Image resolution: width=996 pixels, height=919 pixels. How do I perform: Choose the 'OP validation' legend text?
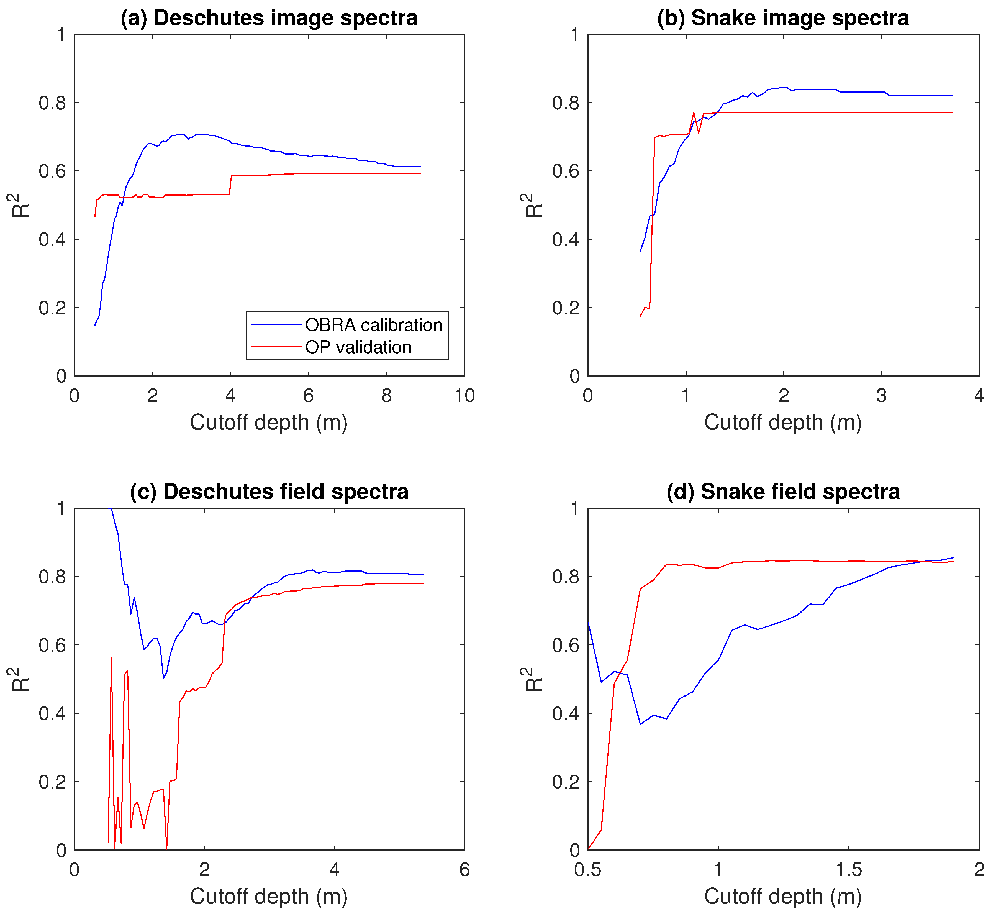[x=358, y=347]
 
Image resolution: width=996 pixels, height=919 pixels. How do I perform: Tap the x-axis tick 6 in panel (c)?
[x=464, y=869]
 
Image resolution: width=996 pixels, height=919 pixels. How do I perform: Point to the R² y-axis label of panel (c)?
[x=21, y=679]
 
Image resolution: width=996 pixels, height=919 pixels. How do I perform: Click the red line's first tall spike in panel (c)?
[x=111, y=657]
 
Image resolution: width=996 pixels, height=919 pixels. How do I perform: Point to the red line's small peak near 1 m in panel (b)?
[x=693, y=112]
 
